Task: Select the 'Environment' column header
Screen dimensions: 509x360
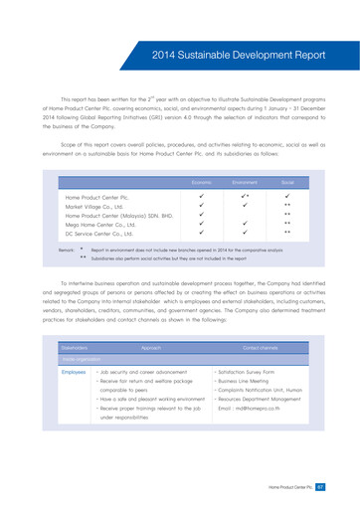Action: point(245,183)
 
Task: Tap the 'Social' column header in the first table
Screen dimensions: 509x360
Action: point(287,183)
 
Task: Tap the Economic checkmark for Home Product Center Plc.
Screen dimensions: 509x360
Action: point(201,198)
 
